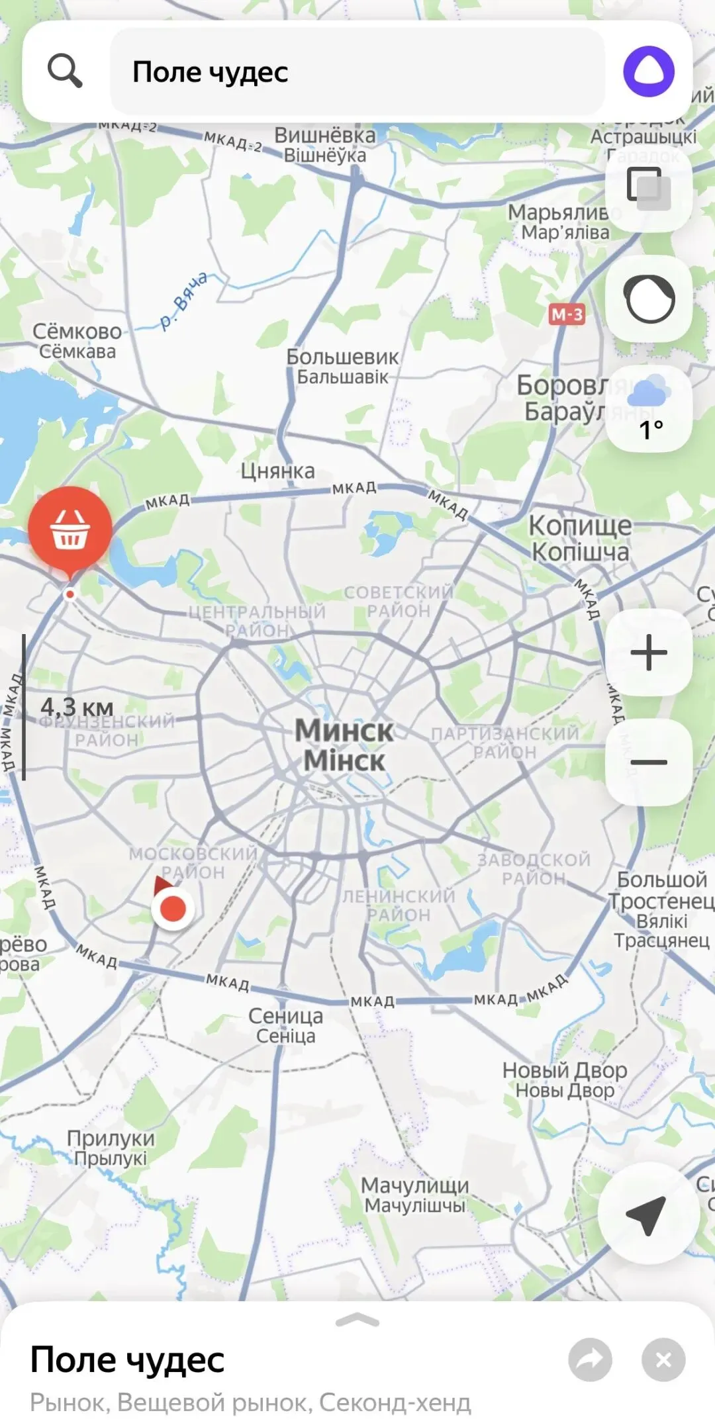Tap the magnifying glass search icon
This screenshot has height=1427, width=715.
click(65, 71)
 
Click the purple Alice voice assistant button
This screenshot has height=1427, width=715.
click(648, 71)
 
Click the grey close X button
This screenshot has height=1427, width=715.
click(663, 1359)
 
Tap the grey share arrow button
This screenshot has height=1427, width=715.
click(590, 1359)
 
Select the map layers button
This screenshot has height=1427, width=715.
click(649, 189)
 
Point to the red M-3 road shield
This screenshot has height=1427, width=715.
click(567, 314)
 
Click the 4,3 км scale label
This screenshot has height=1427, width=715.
click(77, 707)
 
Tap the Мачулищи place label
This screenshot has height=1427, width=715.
click(415, 1195)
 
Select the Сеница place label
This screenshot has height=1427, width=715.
click(286, 1025)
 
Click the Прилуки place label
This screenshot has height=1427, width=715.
click(111, 1147)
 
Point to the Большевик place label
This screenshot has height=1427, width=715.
click(342, 366)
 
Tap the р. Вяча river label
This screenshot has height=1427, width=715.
click(183, 301)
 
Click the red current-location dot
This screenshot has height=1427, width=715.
click(173, 909)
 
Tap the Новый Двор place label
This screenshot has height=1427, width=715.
click(565, 1079)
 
